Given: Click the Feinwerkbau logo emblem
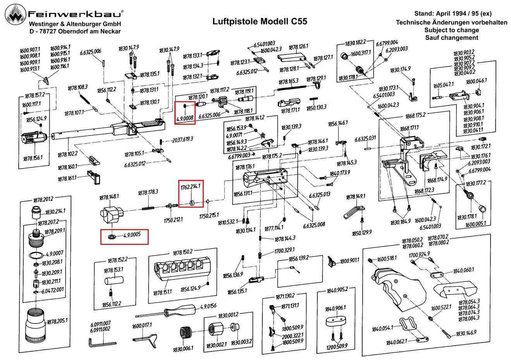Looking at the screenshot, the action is point(15,15).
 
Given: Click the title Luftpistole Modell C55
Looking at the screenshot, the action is point(260,21).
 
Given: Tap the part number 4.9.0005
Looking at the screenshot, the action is point(132,235).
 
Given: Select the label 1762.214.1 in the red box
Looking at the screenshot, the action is point(190,187).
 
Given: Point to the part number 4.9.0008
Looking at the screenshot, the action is point(185,118).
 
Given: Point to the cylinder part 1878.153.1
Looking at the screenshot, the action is point(114,280).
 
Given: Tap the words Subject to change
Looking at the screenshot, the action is point(451,30).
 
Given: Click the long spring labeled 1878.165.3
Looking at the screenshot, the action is point(292,88).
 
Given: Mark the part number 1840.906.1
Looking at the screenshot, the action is point(336,308).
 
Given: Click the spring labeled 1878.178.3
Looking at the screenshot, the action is point(148,208).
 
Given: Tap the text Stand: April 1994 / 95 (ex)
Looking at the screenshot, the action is point(453,14).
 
